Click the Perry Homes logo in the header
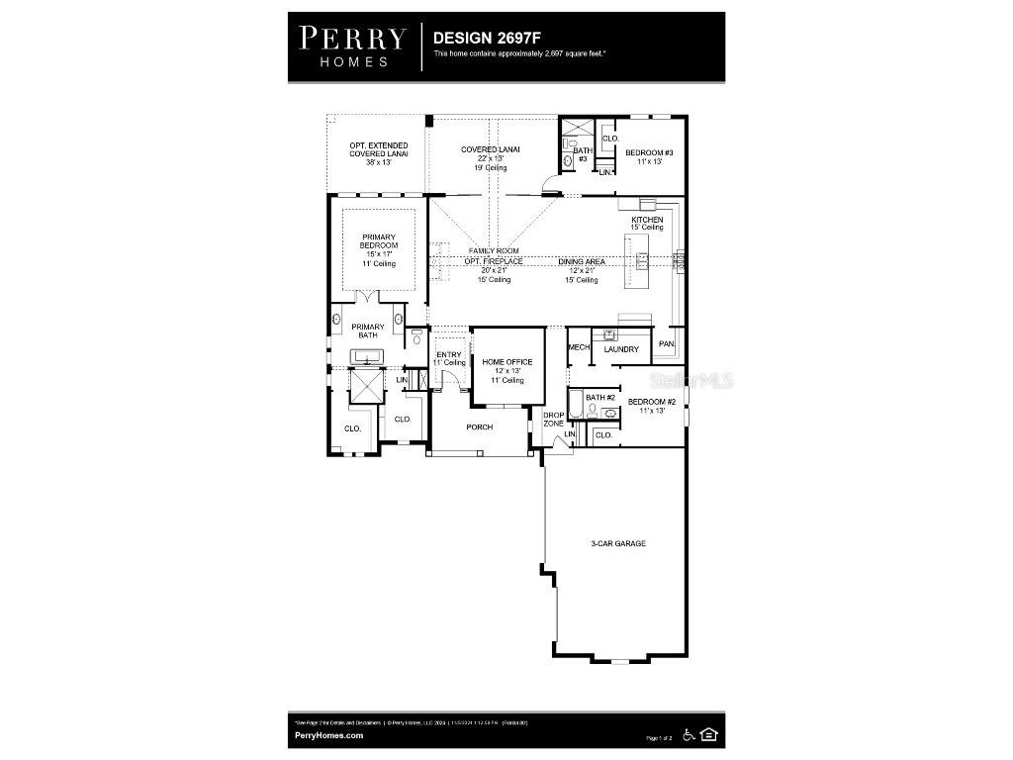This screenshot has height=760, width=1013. [353, 47]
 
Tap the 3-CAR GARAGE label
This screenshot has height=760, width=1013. [618, 543]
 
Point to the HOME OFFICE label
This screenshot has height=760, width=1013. [506, 362]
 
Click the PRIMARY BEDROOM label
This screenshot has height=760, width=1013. [379, 240]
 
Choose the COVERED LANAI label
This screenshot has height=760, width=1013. [491, 149]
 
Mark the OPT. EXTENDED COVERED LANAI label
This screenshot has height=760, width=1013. [378, 149]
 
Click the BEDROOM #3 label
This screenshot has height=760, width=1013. [648, 152]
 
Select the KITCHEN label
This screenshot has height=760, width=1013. [647, 220]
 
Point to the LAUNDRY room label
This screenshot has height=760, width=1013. [621, 349]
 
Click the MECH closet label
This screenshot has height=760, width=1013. [579, 348]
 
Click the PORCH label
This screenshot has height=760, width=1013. [480, 427]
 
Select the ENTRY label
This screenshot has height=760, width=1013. [448, 355]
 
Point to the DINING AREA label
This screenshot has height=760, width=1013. [581, 262]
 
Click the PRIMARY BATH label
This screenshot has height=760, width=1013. [368, 331]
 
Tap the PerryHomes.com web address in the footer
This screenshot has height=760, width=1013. [328, 735]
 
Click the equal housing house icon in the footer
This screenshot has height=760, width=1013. [708, 733]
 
